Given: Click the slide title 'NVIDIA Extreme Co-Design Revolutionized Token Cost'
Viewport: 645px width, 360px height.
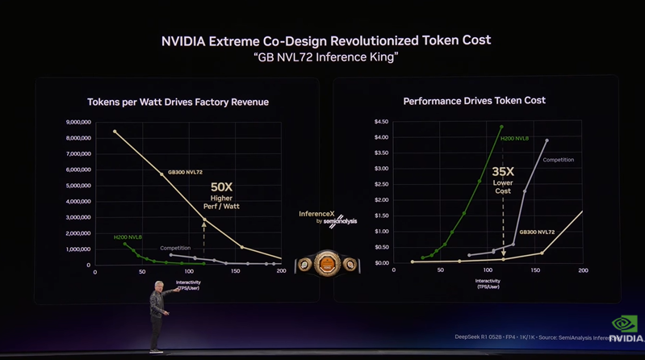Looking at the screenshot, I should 326,40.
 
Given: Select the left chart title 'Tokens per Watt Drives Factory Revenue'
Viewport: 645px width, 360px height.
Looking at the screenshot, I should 178,103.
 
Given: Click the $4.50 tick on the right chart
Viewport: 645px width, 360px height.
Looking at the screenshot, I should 379,122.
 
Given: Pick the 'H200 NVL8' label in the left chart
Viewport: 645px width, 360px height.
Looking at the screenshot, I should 128,237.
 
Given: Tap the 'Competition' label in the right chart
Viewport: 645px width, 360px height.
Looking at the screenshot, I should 558,160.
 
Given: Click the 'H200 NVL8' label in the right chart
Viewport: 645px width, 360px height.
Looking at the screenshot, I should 514,139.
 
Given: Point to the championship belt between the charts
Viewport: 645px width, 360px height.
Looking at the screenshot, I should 326,263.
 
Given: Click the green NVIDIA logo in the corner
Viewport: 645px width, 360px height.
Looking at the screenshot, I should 626,325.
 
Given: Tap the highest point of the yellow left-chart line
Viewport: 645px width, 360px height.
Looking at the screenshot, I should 115,131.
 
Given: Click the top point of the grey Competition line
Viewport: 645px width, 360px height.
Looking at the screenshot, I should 547,140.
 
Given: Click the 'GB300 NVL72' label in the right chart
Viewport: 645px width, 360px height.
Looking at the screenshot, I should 537,232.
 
